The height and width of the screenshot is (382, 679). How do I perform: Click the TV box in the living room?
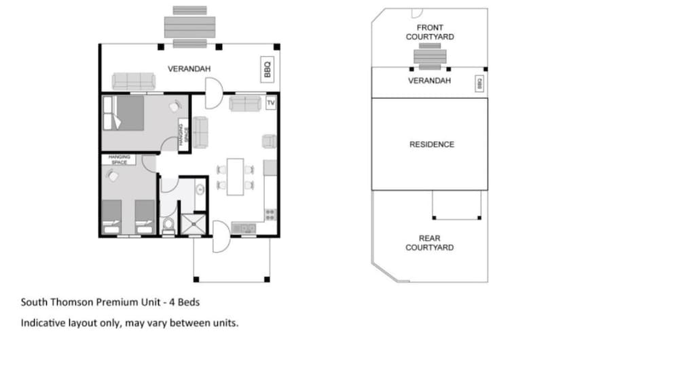tap(271, 102)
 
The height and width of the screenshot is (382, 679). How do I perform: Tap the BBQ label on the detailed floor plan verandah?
tap(267, 69)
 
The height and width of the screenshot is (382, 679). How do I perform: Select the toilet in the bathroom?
tap(168, 226)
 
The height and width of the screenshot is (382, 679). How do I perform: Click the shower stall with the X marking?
tap(193, 224)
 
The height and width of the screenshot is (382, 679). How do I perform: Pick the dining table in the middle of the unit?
tap(235, 176)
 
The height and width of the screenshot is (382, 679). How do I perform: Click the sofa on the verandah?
tap(133, 81)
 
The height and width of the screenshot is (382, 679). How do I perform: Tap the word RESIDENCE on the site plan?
tap(432, 145)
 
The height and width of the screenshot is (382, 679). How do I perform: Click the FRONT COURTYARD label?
tap(430, 32)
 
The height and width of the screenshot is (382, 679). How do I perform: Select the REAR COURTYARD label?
tap(430, 243)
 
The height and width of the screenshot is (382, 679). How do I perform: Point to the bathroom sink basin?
tap(200, 189)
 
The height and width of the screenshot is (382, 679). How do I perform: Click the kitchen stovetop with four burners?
tap(271, 214)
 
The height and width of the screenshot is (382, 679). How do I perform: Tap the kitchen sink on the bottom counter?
tap(243, 228)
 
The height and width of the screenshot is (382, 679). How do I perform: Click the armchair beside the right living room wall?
tap(269, 141)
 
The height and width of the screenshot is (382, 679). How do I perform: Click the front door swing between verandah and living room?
tap(214, 93)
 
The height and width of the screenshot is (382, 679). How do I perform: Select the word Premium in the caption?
tap(117, 302)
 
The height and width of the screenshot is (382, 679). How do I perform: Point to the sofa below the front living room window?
tap(245, 104)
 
